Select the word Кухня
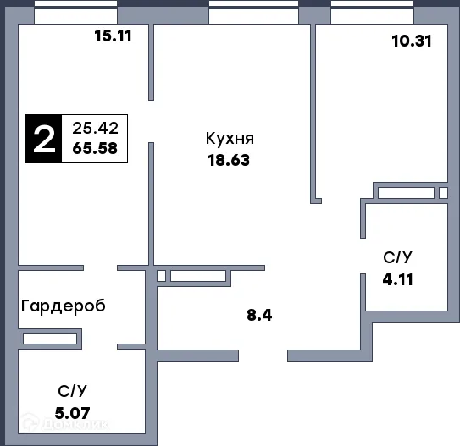coord(230,139)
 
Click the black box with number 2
coord(42,139)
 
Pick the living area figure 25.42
coord(95,129)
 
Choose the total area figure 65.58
coord(95,150)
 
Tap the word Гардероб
coord(64,306)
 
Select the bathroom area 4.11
coord(398,277)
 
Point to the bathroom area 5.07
coord(72,414)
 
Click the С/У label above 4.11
coord(398,256)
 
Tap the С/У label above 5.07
coord(72,391)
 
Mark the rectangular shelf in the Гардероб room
coord(53,339)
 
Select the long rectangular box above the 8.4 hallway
coord(197,275)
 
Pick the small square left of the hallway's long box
coord(161,275)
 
